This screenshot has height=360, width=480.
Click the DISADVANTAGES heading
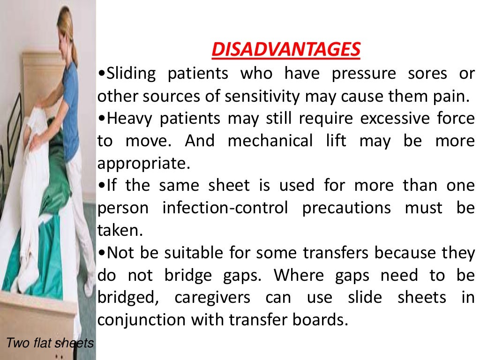pyautogui.click(x=286, y=50)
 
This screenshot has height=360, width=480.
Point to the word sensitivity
pyautogui.click(x=262, y=96)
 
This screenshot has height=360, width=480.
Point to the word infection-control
pyautogui.click(x=225, y=208)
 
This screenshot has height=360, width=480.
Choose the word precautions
pyautogui.click(x=346, y=208)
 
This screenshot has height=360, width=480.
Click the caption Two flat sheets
pyautogui.click(x=50, y=343)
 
